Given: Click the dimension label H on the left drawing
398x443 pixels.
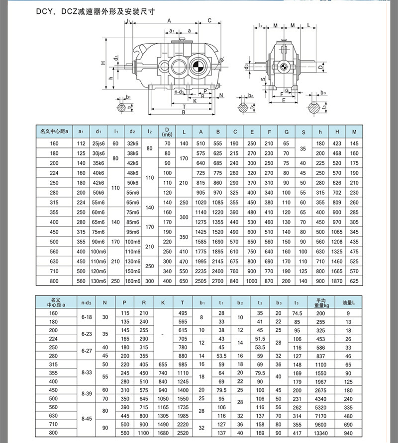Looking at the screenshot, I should coord(104,63).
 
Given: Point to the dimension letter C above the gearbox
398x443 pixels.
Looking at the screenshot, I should coord(210,21).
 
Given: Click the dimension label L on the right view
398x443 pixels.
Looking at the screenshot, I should coord(308,25).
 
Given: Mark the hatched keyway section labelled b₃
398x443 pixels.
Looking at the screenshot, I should coord(314,107).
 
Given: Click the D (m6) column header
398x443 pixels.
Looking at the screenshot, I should coord(167,132).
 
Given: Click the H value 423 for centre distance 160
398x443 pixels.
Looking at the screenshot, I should coord(337,144).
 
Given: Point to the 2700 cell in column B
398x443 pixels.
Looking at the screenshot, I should coord(217,281).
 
